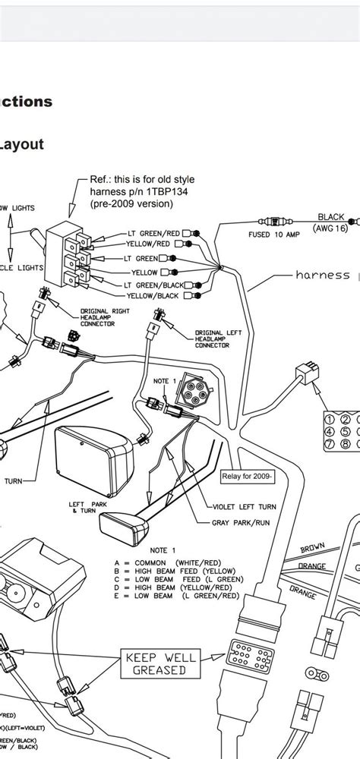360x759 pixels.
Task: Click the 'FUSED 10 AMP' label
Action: [275, 235]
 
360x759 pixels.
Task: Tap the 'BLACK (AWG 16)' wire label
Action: [331, 222]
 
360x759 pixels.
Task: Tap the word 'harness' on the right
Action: [322, 276]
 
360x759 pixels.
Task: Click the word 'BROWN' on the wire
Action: [312, 548]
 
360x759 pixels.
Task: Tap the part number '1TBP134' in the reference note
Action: [155, 191]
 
